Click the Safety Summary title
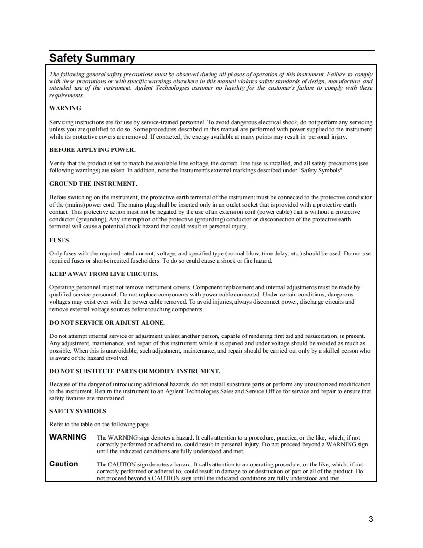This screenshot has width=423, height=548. (92, 58)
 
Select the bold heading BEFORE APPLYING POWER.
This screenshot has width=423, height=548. (92, 150)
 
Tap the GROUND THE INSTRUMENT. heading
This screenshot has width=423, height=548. (93, 184)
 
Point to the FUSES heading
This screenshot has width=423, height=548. (59, 240)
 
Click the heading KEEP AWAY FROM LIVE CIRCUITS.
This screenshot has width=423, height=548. (104, 274)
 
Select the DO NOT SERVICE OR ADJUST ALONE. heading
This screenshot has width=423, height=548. (107, 323)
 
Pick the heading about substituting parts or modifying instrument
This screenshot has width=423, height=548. (134, 371)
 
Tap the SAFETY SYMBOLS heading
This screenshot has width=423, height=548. (78, 411)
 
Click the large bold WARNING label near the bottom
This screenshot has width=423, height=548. (68, 437)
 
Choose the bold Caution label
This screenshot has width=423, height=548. (63, 464)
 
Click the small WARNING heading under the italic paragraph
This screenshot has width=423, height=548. (65, 108)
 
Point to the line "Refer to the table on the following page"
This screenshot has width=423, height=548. (99, 424)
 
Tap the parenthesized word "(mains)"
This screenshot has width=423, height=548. (67, 205)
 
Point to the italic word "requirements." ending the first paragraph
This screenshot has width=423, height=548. (66, 96)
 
